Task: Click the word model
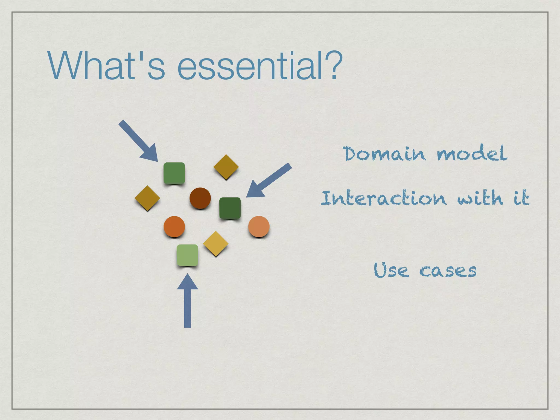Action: click(472, 153)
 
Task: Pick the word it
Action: click(521, 198)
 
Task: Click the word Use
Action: click(391, 270)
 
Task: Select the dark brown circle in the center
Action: click(200, 198)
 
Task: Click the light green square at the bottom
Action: click(187, 255)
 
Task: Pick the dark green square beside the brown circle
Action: click(230, 208)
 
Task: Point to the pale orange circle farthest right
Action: click(259, 226)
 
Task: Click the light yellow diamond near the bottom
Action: click(216, 243)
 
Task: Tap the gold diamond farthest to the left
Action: click(147, 198)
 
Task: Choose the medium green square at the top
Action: click(174, 173)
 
